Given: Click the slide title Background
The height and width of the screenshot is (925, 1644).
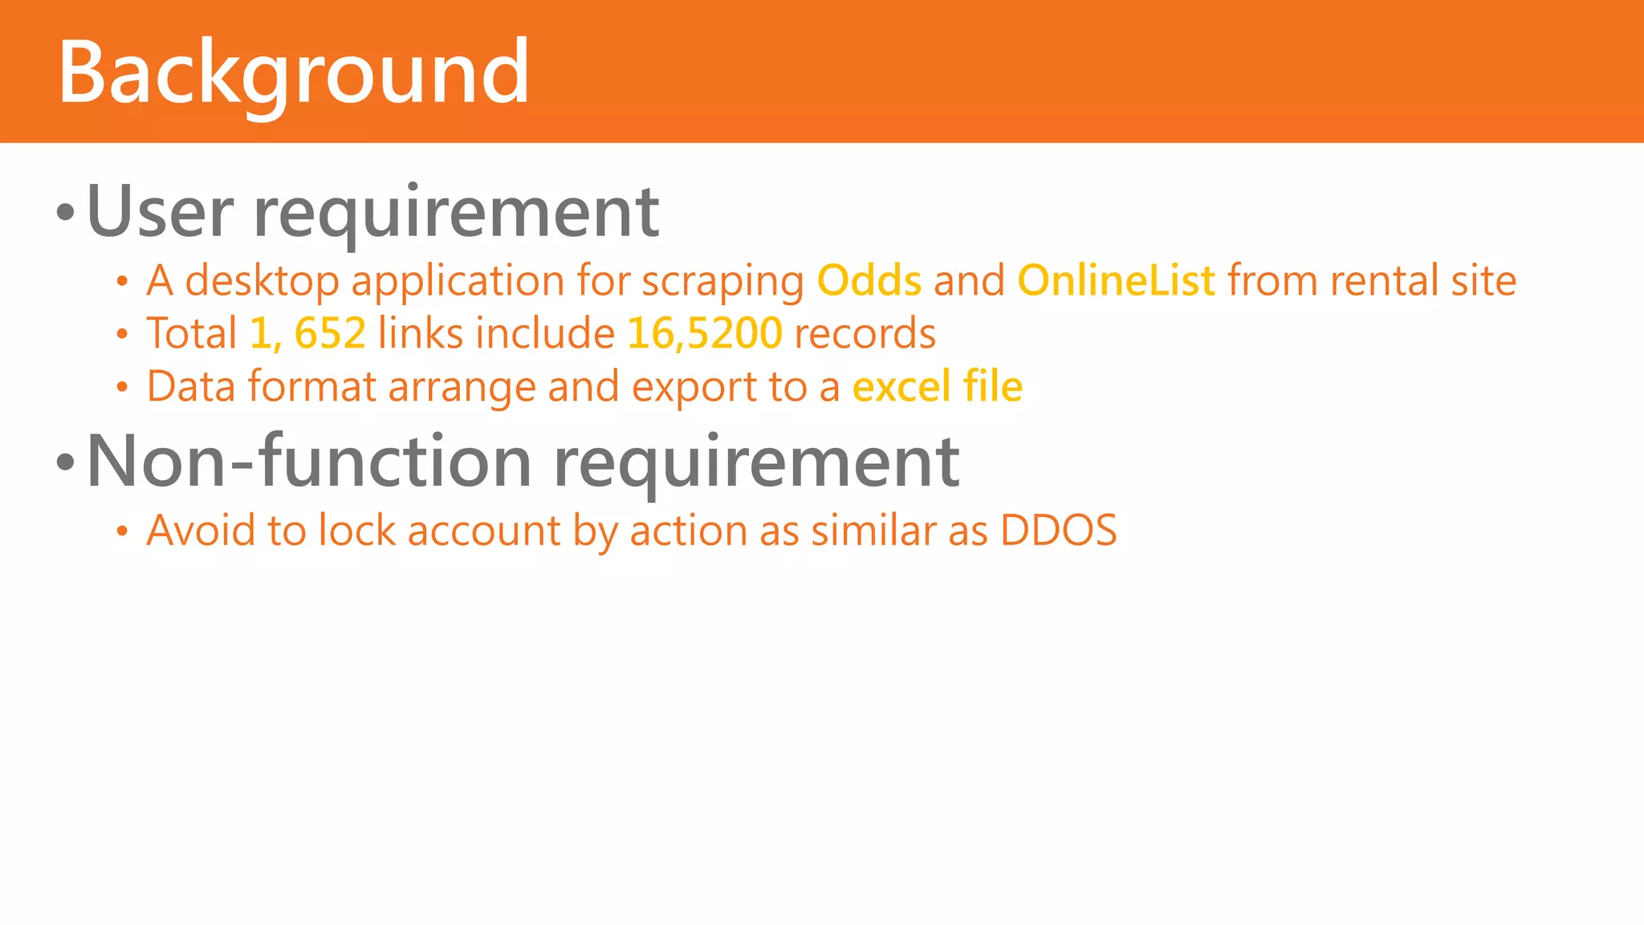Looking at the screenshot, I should [x=294, y=74].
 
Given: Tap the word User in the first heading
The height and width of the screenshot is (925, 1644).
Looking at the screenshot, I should [x=160, y=212].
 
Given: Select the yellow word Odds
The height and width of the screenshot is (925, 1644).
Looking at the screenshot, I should [x=869, y=281].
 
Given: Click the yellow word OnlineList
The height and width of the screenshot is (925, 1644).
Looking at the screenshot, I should [x=1116, y=281].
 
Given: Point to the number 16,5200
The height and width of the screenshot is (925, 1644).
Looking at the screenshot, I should [x=704, y=333].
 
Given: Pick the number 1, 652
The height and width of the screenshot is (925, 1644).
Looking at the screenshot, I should [x=307, y=333].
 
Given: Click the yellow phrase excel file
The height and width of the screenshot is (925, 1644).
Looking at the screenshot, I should [x=937, y=387].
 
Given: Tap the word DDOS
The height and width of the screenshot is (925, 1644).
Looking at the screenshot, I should [x=1058, y=531].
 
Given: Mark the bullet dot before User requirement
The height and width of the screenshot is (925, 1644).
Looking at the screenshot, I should [x=66, y=214].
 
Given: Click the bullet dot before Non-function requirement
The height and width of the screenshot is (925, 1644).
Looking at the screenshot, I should [x=66, y=462].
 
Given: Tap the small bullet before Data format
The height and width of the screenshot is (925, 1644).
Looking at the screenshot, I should [x=122, y=388].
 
